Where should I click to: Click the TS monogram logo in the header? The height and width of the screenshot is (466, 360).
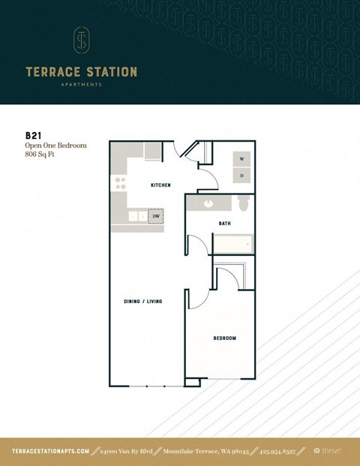[81, 41]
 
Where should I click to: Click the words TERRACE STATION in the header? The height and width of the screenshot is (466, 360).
[81, 72]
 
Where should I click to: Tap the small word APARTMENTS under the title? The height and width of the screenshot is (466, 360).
[81, 85]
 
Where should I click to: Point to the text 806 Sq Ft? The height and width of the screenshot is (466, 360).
[42, 155]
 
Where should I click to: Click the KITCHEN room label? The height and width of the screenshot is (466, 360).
[160, 185]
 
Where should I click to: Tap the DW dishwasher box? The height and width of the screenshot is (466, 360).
[156, 217]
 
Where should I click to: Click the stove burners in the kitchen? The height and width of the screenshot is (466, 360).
[118, 183]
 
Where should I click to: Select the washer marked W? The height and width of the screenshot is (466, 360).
[241, 160]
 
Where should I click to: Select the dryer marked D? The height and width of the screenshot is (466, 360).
[241, 176]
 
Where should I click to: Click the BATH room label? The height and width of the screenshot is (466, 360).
[224, 224]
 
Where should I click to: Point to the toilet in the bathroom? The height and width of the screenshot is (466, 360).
[242, 203]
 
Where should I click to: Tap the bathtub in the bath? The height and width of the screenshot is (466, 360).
[233, 244]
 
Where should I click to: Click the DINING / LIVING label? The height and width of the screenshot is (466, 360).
[143, 301]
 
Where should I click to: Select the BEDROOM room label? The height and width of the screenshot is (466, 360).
[224, 338]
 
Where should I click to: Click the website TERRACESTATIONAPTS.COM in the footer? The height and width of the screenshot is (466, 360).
[51, 451]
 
